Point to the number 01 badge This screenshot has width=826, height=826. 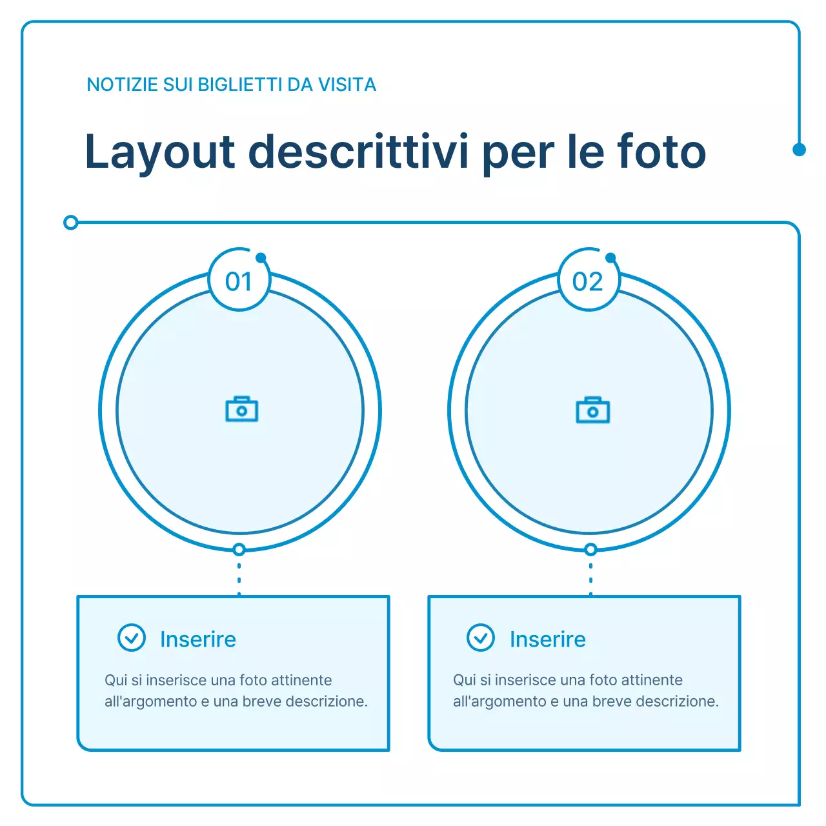click(239, 281)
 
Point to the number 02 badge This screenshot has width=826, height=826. click(588, 281)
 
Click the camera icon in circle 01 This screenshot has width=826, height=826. click(241, 410)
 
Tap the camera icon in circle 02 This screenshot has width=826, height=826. click(592, 410)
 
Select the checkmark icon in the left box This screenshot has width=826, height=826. click(132, 638)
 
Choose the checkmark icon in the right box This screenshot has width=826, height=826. click(481, 638)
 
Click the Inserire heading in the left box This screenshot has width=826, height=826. click(198, 640)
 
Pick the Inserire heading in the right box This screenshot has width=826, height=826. click(548, 640)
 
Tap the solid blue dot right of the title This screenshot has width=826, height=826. click(799, 150)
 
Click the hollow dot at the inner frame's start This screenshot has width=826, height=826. click(71, 223)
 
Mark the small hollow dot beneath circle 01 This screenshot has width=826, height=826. click(239, 550)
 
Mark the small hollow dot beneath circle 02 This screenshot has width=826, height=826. click(590, 550)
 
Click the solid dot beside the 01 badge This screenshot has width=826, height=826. click(261, 258)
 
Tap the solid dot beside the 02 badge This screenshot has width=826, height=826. click(610, 258)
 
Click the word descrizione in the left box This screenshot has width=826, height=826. click(326, 701)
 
